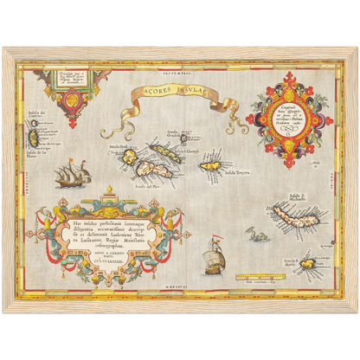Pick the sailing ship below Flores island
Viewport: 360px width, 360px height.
[72, 177]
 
